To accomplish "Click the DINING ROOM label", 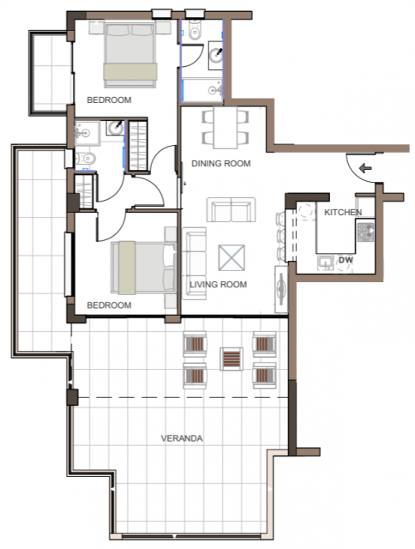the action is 221,164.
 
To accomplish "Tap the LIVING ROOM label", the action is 218,284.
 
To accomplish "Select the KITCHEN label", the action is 343,212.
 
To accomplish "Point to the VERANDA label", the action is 182,438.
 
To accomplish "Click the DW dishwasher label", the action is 346,260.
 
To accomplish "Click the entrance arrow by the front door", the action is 365,168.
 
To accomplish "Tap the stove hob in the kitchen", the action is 365,232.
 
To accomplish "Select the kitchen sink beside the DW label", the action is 326,262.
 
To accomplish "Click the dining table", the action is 226,128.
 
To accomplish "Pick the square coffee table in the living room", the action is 232,257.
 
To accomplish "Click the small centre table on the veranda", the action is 232,359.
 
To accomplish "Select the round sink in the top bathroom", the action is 216,55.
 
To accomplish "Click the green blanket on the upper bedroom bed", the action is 129,72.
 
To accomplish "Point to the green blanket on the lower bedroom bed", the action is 127,268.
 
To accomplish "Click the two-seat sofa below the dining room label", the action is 231,209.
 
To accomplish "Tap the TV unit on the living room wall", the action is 281,289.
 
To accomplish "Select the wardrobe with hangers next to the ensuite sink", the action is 137,146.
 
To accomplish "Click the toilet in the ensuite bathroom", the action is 85,159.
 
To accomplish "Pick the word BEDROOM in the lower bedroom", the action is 109,305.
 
